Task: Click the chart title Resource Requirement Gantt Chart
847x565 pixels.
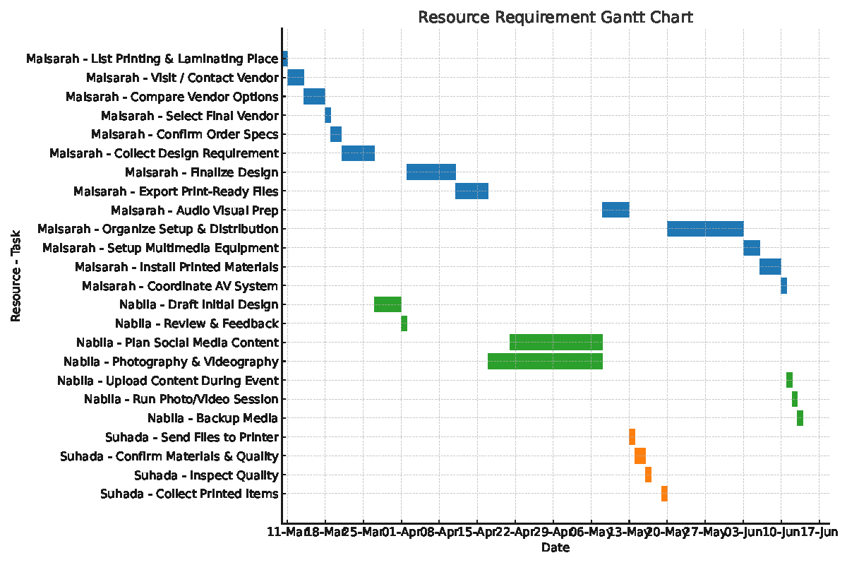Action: click(555, 17)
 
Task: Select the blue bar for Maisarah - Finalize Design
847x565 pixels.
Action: click(431, 172)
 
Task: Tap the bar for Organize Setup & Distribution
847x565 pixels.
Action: click(704, 229)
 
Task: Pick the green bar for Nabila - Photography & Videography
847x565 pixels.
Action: click(545, 362)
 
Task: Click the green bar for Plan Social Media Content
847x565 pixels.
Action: click(555, 343)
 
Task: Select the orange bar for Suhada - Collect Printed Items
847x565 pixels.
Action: click(664, 494)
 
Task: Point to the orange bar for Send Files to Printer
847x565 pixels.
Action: click(632, 437)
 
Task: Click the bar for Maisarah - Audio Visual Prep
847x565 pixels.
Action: click(615, 210)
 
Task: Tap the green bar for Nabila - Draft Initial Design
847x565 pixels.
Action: click(388, 304)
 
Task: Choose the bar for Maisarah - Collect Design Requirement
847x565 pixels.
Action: click(358, 153)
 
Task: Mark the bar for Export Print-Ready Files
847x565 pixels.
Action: click(471, 191)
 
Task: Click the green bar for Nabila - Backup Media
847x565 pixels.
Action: click(800, 418)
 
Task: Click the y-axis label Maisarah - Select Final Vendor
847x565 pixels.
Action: click(189, 116)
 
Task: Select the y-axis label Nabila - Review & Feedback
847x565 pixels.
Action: click(196, 324)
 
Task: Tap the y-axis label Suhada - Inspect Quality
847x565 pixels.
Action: click(206, 475)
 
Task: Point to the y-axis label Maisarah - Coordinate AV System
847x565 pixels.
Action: click(180, 286)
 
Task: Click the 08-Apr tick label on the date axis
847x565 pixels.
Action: click(439, 532)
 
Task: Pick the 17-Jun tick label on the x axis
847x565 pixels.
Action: click(819, 532)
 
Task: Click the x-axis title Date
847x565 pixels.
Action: click(555, 547)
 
